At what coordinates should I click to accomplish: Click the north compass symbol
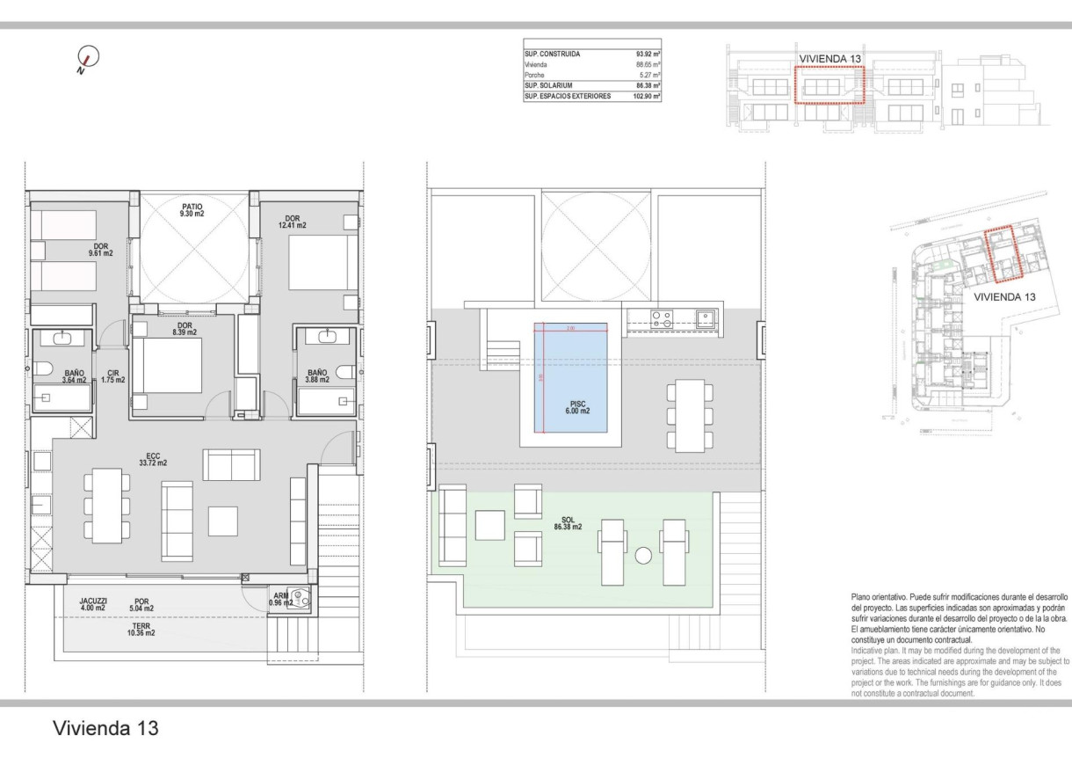click(x=87, y=58)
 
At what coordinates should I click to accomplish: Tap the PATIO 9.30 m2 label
click(x=192, y=209)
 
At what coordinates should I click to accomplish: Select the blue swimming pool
click(x=571, y=377)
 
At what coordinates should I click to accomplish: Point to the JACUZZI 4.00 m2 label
click(x=92, y=604)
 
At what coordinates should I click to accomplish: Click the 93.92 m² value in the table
click(x=648, y=55)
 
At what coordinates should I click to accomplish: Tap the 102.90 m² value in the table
click(x=646, y=97)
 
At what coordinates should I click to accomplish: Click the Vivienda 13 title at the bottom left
click(x=105, y=728)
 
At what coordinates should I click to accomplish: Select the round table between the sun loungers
click(x=643, y=556)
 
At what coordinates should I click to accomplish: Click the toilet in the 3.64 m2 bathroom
click(x=44, y=369)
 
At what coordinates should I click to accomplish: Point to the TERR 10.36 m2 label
click(x=141, y=629)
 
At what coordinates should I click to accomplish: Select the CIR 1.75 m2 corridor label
click(x=112, y=376)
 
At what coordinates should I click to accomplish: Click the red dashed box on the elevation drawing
click(x=830, y=85)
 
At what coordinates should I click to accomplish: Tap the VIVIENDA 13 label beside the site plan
click(x=1004, y=297)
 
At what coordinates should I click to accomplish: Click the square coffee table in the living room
click(x=222, y=521)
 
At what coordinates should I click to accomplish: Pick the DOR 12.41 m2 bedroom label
click(x=294, y=222)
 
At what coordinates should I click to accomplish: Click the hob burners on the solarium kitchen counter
click(x=662, y=318)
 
